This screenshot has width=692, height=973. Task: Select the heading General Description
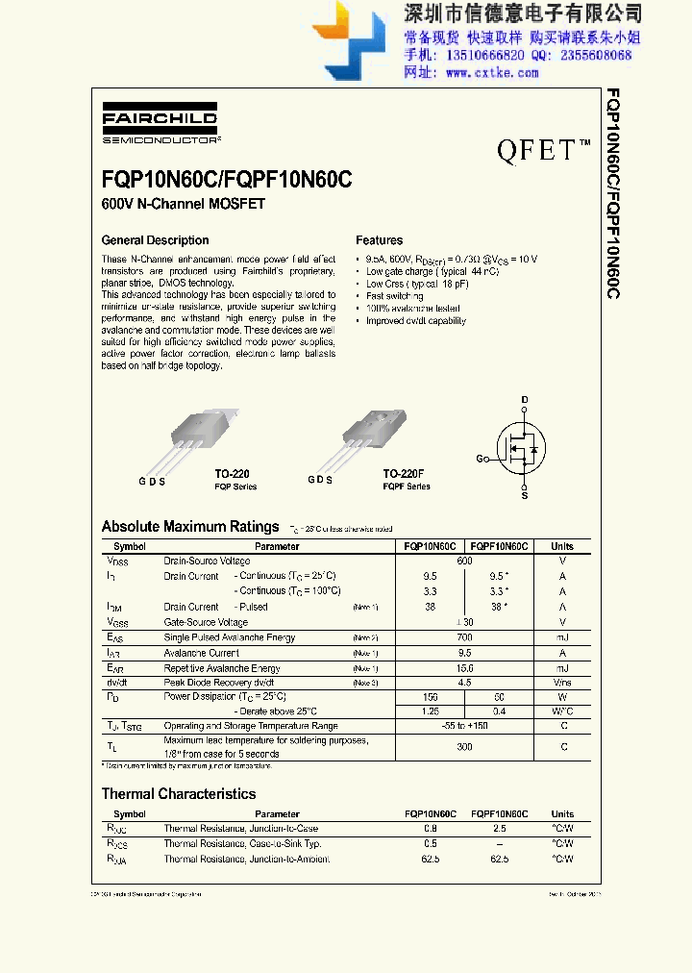point(155,240)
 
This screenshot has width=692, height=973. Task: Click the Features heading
point(380,240)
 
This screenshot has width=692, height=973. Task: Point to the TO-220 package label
point(232,474)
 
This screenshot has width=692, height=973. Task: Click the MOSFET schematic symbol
point(520,444)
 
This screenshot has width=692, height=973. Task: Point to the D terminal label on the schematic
point(525,399)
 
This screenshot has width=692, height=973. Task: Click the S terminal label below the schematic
point(525,496)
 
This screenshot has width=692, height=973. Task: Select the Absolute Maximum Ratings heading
point(190,526)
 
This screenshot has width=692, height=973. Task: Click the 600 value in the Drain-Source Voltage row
point(464,561)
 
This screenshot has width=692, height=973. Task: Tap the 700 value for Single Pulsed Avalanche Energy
point(464,637)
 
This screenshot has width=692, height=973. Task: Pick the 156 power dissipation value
point(430,696)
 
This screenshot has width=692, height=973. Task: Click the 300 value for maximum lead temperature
point(464,747)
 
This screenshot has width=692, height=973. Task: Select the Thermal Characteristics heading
point(179,794)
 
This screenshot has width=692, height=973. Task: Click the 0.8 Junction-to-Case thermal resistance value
point(430,829)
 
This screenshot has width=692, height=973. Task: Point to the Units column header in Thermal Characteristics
point(562,814)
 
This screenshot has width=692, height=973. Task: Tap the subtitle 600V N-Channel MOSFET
point(183,204)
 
